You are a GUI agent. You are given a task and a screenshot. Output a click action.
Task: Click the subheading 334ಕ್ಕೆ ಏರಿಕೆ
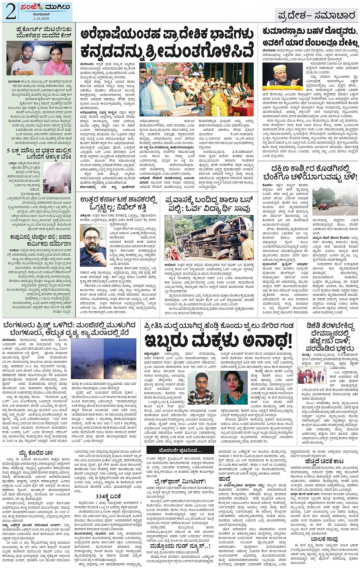pyautogui.click(x=106, y=497)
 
